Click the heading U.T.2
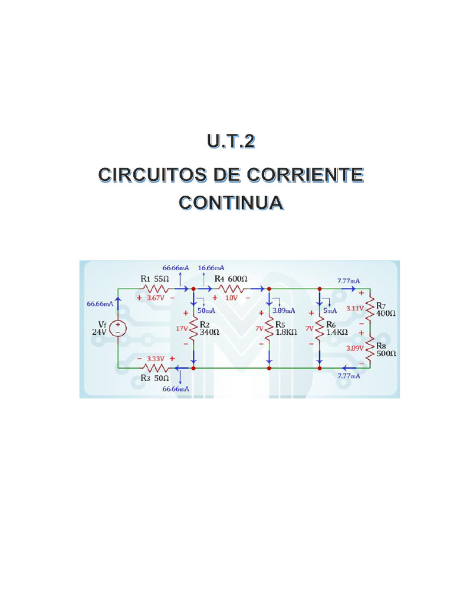pyautogui.click(x=231, y=141)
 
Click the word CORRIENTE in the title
pyautogui.click(x=305, y=175)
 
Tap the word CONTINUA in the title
pyautogui.click(x=231, y=202)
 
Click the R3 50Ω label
pyautogui.click(x=155, y=378)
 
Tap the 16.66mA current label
pyautogui.click(x=211, y=268)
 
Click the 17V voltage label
pyautogui.click(x=181, y=328)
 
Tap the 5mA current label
pyautogui.click(x=330, y=310)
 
